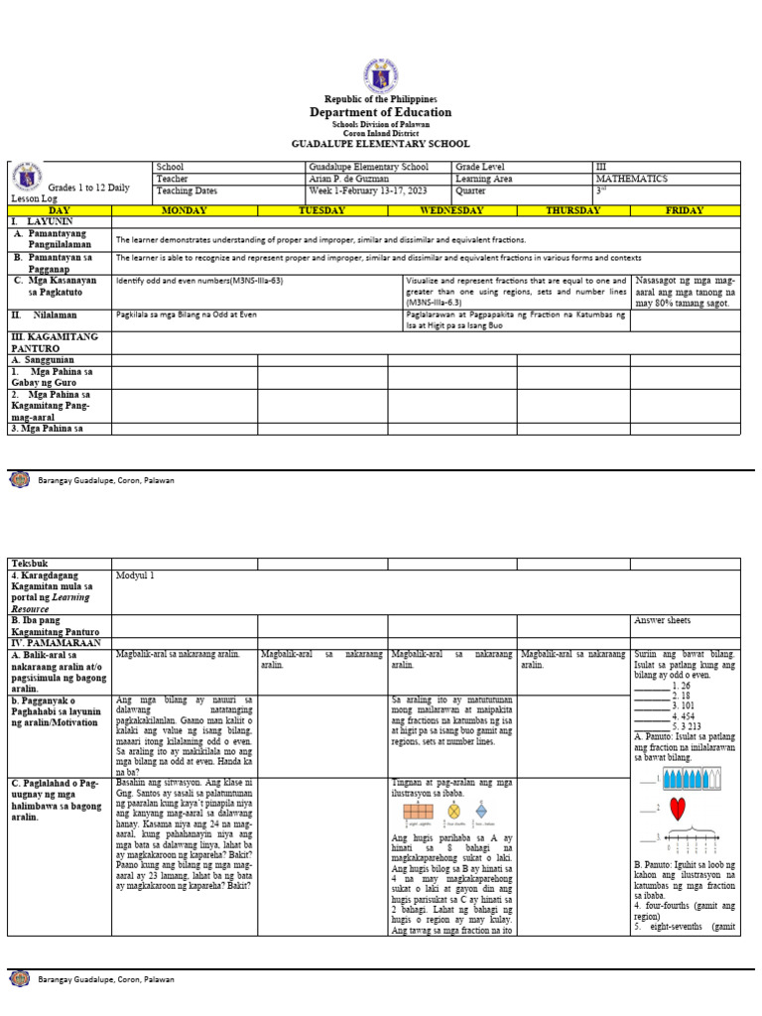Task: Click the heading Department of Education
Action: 380,112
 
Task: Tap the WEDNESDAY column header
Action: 451,210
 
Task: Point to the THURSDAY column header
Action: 572,210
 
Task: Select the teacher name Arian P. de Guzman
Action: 348,180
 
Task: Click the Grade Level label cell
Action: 480,168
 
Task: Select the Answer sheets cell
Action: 662,620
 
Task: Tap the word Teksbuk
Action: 29,564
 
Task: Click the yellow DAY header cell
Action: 60,210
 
